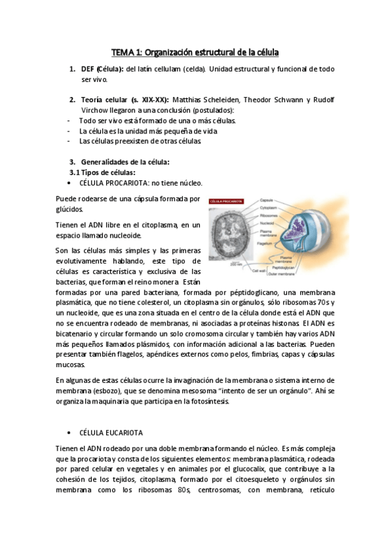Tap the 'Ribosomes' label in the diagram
coord(270,214)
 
